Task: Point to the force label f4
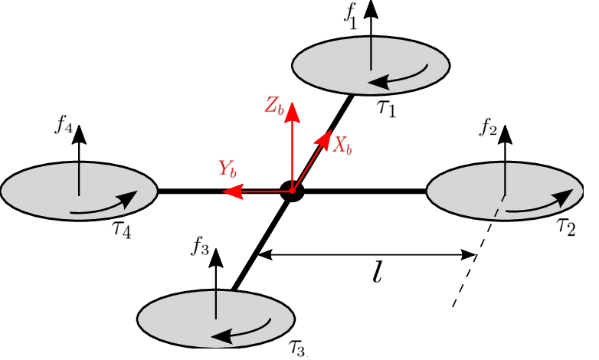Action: point(64,126)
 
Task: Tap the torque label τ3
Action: point(299,349)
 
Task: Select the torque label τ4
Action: point(122,228)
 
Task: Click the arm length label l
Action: point(377,273)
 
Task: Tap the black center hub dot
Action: point(292,191)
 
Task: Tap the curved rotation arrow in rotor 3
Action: point(245,330)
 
